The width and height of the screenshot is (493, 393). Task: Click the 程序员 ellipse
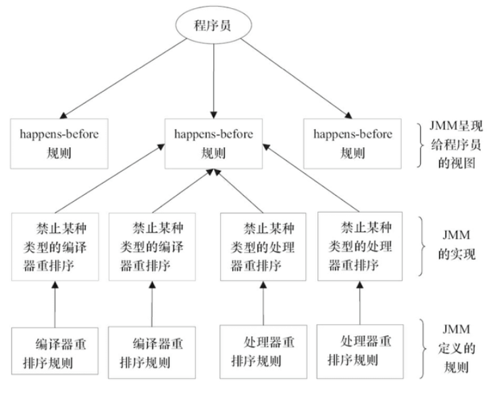(x=213, y=25)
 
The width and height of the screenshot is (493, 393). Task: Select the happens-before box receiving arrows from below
(x=213, y=144)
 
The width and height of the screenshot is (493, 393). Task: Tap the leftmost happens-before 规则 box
(x=59, y=144)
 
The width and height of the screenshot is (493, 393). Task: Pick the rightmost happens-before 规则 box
(x=353, y=144)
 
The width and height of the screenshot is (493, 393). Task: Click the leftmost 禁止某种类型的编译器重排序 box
(x=55, y=246)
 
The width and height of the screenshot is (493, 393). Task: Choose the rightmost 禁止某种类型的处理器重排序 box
(x=360, y=246)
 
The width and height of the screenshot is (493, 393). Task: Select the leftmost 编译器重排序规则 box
(x=55, y=351)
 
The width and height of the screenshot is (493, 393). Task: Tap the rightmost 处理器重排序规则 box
(x=360, y=352)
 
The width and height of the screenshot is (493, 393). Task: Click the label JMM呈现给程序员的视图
(x=456, y=145)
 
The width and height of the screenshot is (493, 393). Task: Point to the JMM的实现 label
(x=457, y=244)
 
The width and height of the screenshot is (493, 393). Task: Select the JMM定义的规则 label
(x=457, y=348)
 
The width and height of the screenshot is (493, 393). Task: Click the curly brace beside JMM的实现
(x=423, y=246)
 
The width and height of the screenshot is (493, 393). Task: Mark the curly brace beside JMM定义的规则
(x=423, y=348)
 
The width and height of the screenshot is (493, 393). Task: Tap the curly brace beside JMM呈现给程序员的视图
(x=421, y=145)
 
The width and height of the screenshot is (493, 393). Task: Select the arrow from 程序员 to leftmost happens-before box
(x=123, y=78)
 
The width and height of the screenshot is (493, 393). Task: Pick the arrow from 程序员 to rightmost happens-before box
(x=296, y=78)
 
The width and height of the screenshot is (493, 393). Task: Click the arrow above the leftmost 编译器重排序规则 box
(x=55, y=305)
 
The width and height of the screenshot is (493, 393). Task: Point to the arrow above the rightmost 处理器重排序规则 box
(x=360, y=303)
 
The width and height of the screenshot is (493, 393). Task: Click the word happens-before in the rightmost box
(x=353, y=134)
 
